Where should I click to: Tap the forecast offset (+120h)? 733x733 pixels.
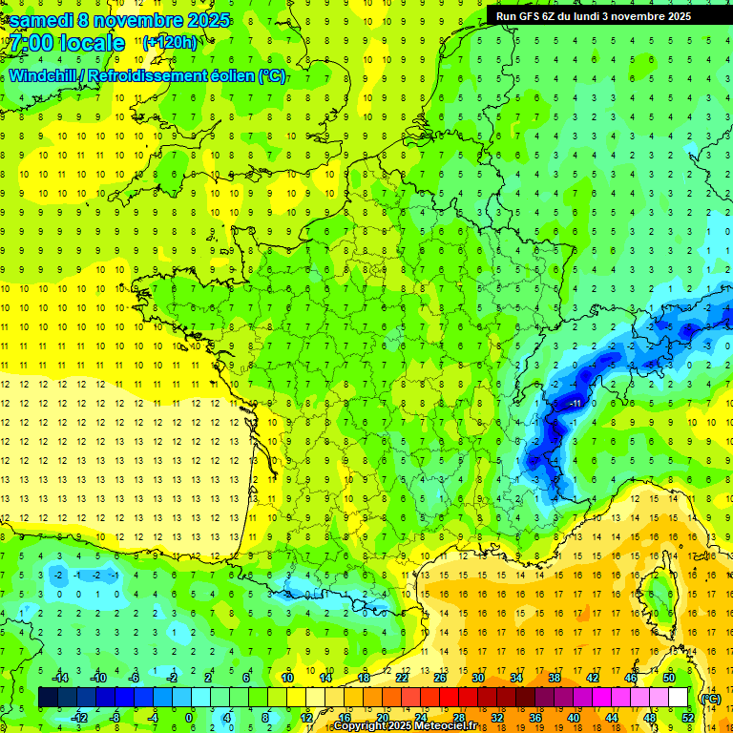pyautogui.click(x=169, y=42)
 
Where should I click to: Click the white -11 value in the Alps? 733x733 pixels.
pyautogui.click(x=576, y=404)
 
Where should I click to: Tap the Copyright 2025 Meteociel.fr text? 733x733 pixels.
pyautogui.click(x=405, y=726)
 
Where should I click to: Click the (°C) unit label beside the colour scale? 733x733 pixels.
pyautogui.click(x=710, y=698)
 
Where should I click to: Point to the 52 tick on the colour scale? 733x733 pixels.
pyautogui.click(x=688, y=718)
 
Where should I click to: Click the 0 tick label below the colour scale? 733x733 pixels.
pyautogui.click(x=189, y=718)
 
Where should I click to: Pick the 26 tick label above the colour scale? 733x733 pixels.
pyautogui.click(x=439, y=678)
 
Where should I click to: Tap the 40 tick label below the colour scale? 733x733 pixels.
pyautogui.click(x=574, y=718)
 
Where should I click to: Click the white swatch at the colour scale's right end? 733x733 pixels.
pyautogui.click(x=679, y=698)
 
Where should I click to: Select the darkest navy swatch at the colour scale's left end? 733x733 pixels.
pyautogui.click(x=48, y=698)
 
